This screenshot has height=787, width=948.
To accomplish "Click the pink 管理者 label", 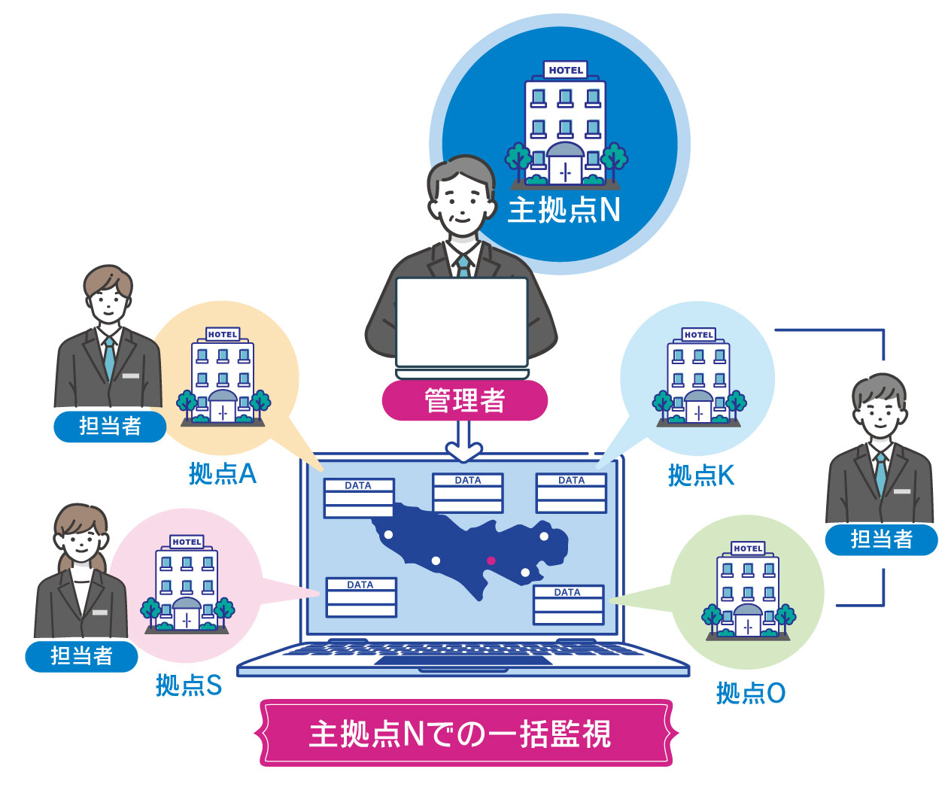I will click(x=464, y=400).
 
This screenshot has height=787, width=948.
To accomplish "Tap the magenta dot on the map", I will click(x=491, y=561).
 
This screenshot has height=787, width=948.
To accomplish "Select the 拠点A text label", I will click(x=222, y=473).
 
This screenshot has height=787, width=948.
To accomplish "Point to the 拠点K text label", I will click(x=700, y=475).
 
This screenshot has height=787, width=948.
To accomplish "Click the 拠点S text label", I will click(x=188, y=685).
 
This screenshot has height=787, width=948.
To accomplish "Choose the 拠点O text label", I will click(x=750, y=693).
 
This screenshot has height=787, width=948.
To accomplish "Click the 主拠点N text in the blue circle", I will click(x=564, y=209).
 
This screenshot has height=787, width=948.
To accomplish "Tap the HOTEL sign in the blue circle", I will click(x=565, y=70).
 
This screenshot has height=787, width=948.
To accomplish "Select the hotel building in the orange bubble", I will click(x=223, y=376).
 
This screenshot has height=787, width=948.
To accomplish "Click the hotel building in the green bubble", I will click(x=748, y=591).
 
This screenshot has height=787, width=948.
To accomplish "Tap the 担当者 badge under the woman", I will click(x=82, y=656).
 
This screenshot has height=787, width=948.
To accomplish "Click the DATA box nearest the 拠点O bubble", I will click(x=568, y=605).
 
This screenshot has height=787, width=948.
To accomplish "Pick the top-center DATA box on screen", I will click(x=467, y=493).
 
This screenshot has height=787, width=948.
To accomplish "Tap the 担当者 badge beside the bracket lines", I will click(x=881, y=539).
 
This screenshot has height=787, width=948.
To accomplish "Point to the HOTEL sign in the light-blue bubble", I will click(x=698, y=335).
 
